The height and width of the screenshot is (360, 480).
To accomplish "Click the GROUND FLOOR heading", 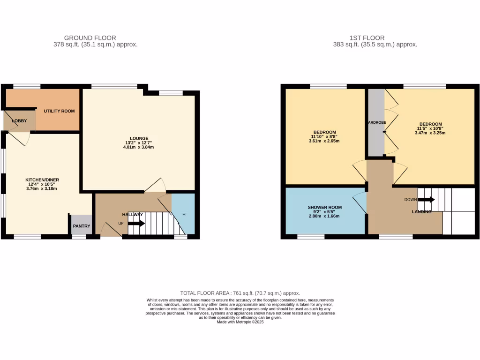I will click(x=90, y=38).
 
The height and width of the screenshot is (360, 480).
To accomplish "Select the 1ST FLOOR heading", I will click(x=367, y=38).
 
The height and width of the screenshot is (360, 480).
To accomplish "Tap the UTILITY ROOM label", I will click(x=59, y=111).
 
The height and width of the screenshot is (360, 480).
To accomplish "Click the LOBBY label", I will click(x=20, y=121).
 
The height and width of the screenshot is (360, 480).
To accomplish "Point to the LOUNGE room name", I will click(x=139, y=138).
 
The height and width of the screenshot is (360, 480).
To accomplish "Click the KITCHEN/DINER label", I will click(x=42, y=180).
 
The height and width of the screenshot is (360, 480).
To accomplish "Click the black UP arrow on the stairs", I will click(x=136, y=224).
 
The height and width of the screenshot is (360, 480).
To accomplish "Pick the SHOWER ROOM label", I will click(x=325, y=207).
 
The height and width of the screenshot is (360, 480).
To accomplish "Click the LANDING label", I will click(x=421, y=211).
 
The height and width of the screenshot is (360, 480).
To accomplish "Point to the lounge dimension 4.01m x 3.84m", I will click(x=139, y=147).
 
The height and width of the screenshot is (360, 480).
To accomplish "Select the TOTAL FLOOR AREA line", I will click(x=240, y=293).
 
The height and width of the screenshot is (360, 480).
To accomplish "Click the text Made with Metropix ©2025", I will click(x=240, y=322).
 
